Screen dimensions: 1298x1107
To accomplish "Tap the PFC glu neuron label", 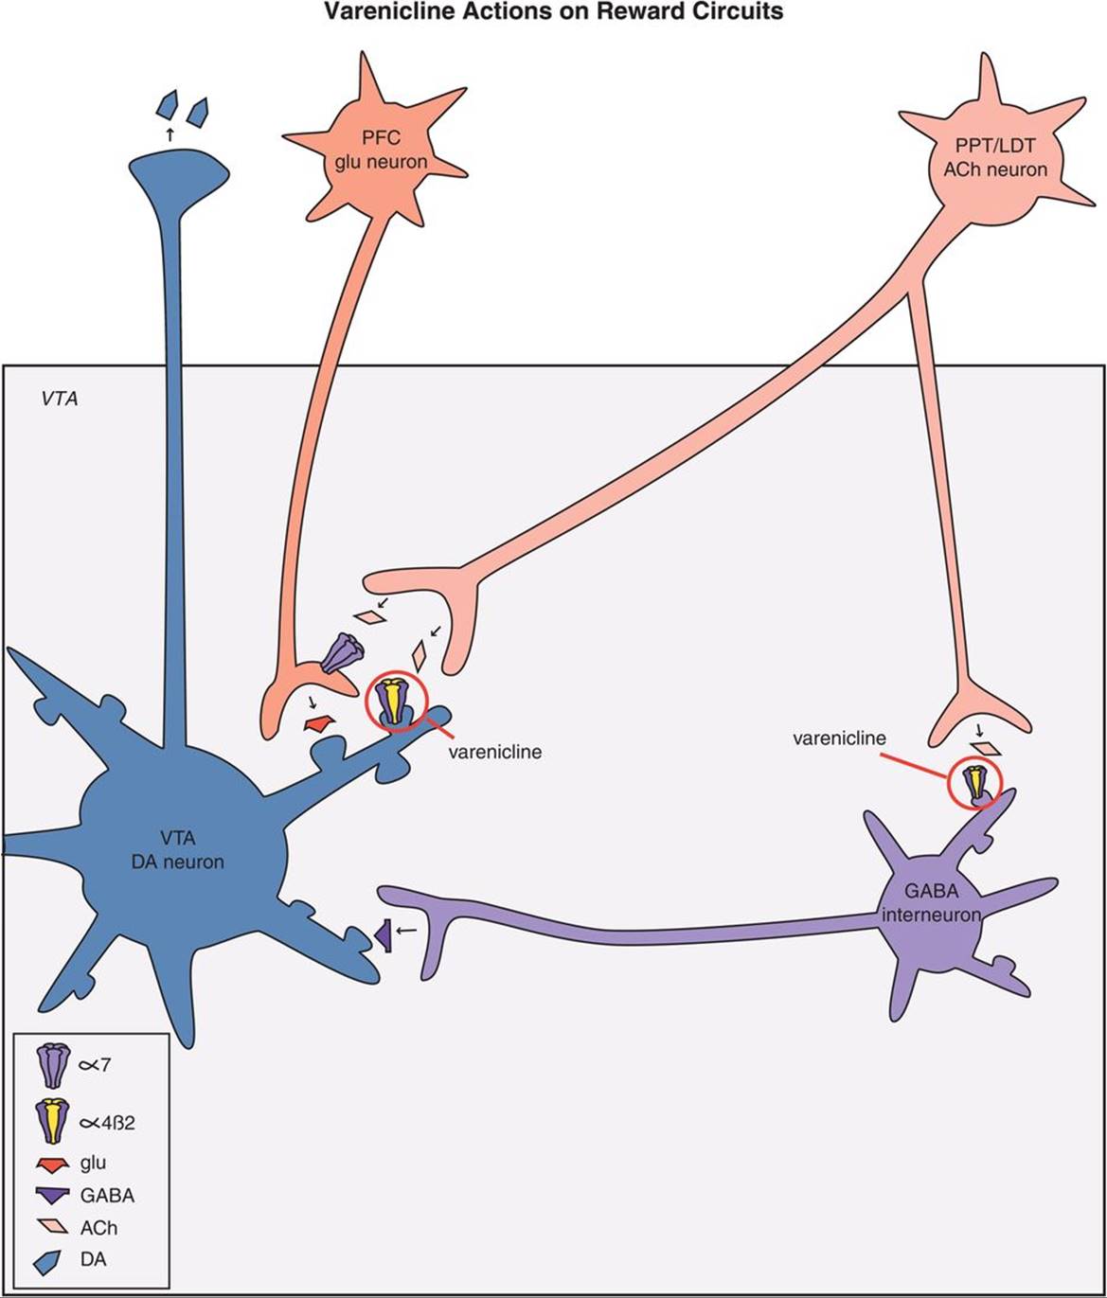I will pos(381,151).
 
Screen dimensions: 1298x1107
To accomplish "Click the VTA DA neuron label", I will pos(178,849).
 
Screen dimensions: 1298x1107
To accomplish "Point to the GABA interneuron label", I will pos(931,902).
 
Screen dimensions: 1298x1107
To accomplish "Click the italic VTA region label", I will pos(60,399).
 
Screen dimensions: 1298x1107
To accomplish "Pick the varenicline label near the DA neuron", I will pos(494,752).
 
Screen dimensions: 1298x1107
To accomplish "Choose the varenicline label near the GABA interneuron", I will pos(839,738).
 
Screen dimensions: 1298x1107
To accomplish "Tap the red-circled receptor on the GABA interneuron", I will pos(974,782).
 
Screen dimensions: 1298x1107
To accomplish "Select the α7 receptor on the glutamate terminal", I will pos(341,653).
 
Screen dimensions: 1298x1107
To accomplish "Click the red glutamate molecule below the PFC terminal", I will pos(320,724).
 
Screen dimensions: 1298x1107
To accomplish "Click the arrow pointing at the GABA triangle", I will pos(406,931).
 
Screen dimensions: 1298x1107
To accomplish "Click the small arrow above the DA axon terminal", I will pos(170,134).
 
